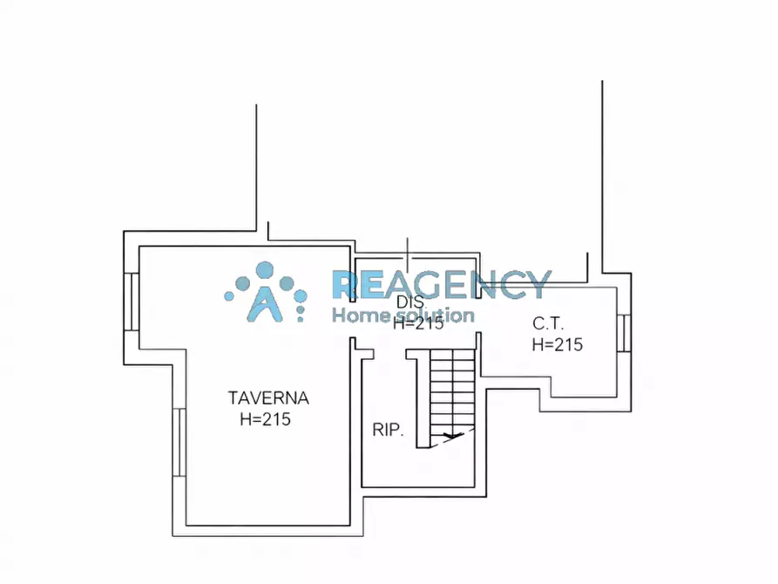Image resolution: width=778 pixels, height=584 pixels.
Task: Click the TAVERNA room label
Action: (x=268, y=398)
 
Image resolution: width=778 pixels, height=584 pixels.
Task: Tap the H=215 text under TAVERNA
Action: (x=266, y=419)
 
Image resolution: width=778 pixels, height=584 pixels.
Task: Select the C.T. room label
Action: (x=548, y=323)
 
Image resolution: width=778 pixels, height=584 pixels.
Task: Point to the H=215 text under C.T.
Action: (x=558, y=344)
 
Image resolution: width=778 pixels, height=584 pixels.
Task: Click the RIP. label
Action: (x=388, y=430)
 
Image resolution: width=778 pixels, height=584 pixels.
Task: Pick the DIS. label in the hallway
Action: (x=411, y=302)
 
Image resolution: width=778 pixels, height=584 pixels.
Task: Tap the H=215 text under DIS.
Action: (x=418, y=323)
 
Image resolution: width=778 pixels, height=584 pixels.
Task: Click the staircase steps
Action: (x=452, y=392)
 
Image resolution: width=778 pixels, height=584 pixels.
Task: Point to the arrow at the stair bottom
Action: (x=452, y=436)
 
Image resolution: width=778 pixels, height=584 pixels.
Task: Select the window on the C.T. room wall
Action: (x=624, y=333)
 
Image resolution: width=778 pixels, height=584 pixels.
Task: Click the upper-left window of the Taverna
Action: (x=131, y=302)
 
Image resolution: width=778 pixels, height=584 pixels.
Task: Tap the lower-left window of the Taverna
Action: (x=179, y=442)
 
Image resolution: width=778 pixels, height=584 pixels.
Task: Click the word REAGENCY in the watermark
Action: (x=442, y=284)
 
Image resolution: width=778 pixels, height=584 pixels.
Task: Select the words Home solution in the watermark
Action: (x=403, y=315)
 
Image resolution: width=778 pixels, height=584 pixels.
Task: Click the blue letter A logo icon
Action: (x=266, y=303)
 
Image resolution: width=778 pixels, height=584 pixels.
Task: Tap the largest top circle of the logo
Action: (x=265, y=271)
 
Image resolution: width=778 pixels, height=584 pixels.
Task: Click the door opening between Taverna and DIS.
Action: (x=353, y=320)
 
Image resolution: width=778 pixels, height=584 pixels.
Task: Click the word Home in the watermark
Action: (x=359, y=315)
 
